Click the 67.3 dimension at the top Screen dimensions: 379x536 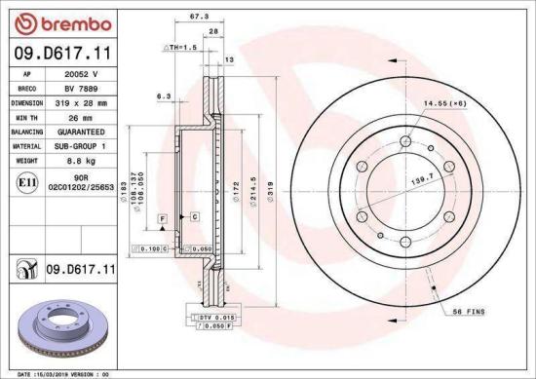(200, 17)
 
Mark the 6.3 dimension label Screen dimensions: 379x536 (163, 96)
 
